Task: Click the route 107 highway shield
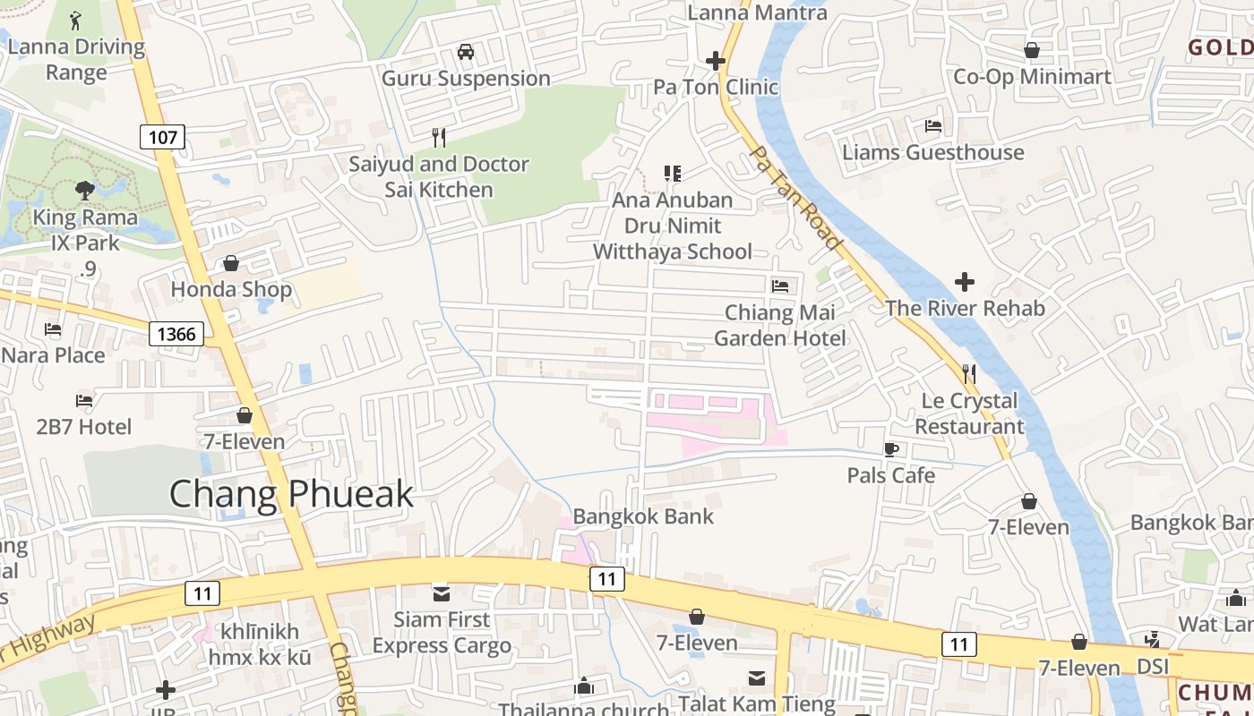pos(162,137)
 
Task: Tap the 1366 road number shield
pos(176,335)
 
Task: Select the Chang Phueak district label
pos(291,494)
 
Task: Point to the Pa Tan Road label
pos(794,199)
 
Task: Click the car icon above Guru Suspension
pos(466,52)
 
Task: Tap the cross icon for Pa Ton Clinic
pos(715,61)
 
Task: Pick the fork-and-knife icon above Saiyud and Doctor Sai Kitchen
pos(439,138)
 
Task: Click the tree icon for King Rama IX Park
pos(85,190)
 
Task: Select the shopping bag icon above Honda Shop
pos(231,263)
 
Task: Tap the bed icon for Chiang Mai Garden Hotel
pos(780,286)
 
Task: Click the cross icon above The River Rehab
pos(965,282)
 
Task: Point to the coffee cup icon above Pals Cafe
pos(890,449)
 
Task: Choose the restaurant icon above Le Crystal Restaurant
pos(968,373)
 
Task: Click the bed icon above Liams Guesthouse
pos(933,126)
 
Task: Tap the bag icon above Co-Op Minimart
pos(1032,50)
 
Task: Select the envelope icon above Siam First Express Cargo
pos(442,593)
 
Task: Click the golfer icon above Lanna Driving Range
pos(76,19)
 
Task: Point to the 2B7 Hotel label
pos(84,427)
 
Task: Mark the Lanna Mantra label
pos(757,13)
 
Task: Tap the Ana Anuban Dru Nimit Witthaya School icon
pos(672,173)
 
